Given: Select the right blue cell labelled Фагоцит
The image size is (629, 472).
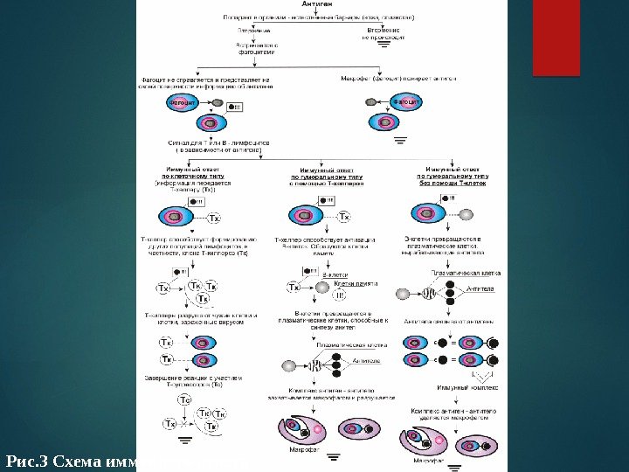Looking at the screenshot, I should point(404,102).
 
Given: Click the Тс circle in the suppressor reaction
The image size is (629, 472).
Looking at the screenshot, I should point(184,399).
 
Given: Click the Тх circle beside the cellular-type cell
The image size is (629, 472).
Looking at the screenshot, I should point(216,218).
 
